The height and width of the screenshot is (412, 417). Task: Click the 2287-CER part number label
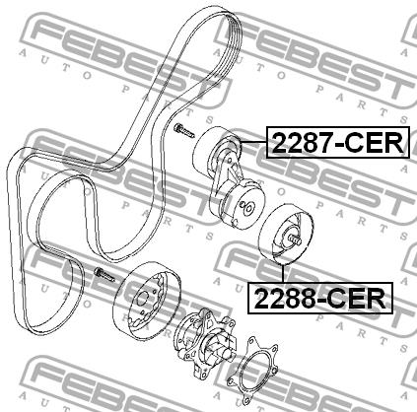[337, 142]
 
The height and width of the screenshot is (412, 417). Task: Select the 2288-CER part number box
[320, 298]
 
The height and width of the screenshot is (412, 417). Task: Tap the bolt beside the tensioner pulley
[184, 130]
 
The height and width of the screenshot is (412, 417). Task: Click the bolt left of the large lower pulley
[104, 275]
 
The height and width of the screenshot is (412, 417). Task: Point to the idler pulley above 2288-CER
[286, 235]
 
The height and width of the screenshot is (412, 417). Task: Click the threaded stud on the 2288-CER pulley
[295, 240]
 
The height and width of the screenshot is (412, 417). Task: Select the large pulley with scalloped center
[147, 300]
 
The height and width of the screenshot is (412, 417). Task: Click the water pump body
[205, 342]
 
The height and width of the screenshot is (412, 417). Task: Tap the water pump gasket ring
[252, 369]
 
